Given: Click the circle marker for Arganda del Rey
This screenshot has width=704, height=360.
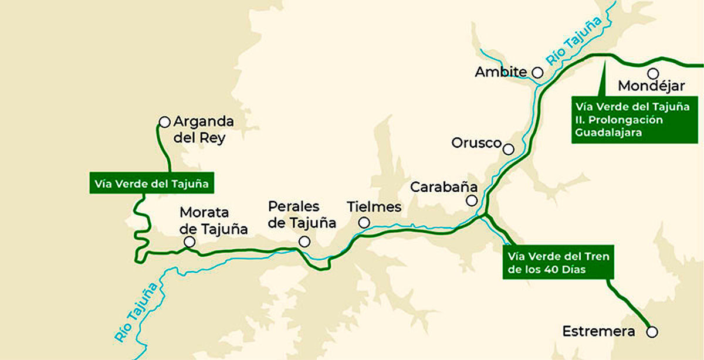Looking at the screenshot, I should pos(164,122).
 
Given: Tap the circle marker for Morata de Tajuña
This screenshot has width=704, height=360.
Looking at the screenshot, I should pos(189,242).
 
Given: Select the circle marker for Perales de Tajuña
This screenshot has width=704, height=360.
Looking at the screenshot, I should pos(304,242).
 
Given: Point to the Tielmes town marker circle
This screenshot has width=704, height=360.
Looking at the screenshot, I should pos(364,222).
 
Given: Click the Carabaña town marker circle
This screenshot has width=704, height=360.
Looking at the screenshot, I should pos(471,201).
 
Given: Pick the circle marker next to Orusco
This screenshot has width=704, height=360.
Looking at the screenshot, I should pos(509,149).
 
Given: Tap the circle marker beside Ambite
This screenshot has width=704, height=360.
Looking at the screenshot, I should pos(537,72).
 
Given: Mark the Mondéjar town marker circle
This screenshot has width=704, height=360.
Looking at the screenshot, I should pos(652,73).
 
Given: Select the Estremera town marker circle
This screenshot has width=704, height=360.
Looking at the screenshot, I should pos(652,332).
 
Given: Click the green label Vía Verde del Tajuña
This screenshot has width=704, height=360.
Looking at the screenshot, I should pos(152,183).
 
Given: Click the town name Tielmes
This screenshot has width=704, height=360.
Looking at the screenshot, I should pos(374,207).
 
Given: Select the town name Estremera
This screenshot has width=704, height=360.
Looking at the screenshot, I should pos(598,331).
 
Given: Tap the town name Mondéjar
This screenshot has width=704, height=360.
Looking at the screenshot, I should pos(651,87).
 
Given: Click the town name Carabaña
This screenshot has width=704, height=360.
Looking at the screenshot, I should pos(444,187).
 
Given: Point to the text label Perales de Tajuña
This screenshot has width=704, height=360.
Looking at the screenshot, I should pos(302,215).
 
